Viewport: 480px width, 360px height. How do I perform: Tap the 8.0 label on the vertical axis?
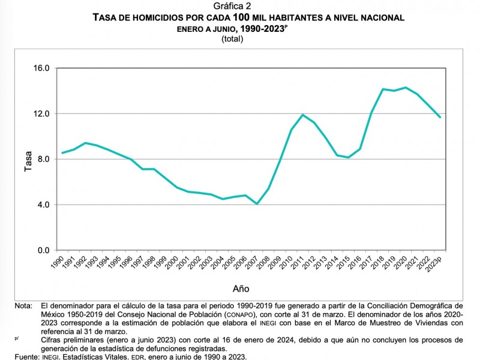(x=43, y=159)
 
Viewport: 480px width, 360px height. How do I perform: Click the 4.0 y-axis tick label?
(x=43, y=205)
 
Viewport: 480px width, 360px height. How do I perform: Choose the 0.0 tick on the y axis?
(x=43, y=250)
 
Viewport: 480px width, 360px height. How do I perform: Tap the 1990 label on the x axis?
(x=59, y=262)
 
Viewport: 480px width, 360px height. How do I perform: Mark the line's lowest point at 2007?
(x=257, y=204)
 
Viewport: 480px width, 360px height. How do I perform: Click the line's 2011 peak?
(x=303, y=115)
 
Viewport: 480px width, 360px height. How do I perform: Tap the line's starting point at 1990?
(x=62, y=153)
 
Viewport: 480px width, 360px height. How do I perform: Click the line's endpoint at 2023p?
(x=440, y=117)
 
